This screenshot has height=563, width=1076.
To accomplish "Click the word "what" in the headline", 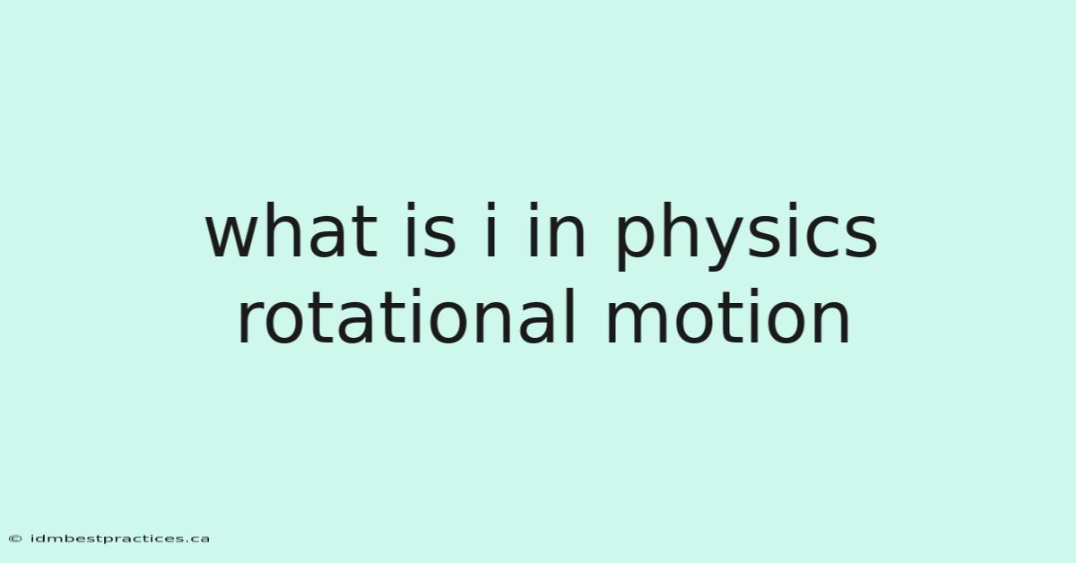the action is pyautogui.click(x=291, y=230).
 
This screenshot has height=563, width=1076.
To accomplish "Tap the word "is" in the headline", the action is pyautogui.click(x=430, y=230).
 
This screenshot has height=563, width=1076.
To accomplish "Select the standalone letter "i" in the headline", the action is pyautogui.click(x=490, y=230).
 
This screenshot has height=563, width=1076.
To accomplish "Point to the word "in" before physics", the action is pyautogui.click(x=556, y=230).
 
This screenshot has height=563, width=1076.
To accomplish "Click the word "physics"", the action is pyautogui.click(x=747, y=237).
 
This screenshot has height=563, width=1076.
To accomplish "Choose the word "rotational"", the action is pyautogui.click(x=406, y=316).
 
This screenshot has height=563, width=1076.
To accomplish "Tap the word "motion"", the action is pyautogui.click(x=728, y=316).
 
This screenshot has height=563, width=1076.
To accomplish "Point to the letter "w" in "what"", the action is pyautogui.click(x=236, y=237).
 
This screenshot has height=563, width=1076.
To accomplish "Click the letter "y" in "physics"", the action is pyautogui.click(x=732, y=244).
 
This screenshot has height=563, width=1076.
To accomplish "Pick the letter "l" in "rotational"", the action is pyautogui.click(x=570, y=316).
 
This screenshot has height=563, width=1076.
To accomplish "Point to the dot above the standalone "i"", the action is pyautogui.click(x=490, y=207).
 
